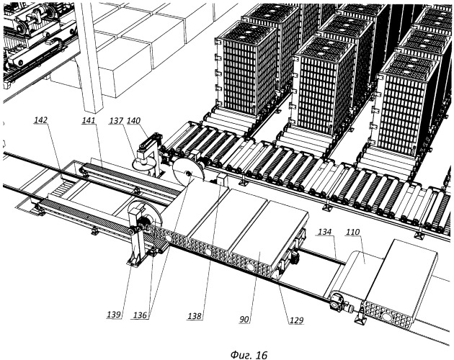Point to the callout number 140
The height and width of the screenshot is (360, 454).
pyautogui.click(x=134, y=122)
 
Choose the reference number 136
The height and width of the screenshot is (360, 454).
pyautogui.click(x=158, y=315)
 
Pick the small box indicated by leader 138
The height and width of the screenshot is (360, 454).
pyautogui.click(x=221, y=179)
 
